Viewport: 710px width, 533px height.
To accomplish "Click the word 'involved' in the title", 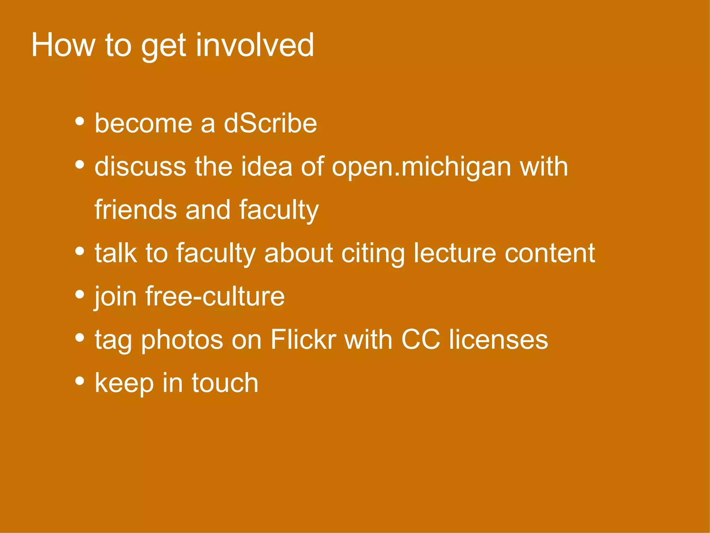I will (255, 45).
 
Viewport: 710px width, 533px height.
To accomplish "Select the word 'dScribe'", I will (270, 124).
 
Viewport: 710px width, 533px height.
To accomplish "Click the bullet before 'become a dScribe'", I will (80, 121).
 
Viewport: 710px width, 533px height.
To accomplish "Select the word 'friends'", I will (136, 210).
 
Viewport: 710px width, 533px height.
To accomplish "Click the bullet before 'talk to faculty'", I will (80, 251).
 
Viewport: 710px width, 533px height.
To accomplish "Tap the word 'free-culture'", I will (215, 297).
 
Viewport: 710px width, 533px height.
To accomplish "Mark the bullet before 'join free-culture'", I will (80, 294).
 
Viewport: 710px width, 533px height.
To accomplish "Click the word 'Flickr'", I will (303, 339).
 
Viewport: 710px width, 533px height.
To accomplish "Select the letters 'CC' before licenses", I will (421, 339).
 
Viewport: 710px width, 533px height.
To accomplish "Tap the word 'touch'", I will (225, 383).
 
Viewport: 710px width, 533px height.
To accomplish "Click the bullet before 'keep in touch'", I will (80, 381).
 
